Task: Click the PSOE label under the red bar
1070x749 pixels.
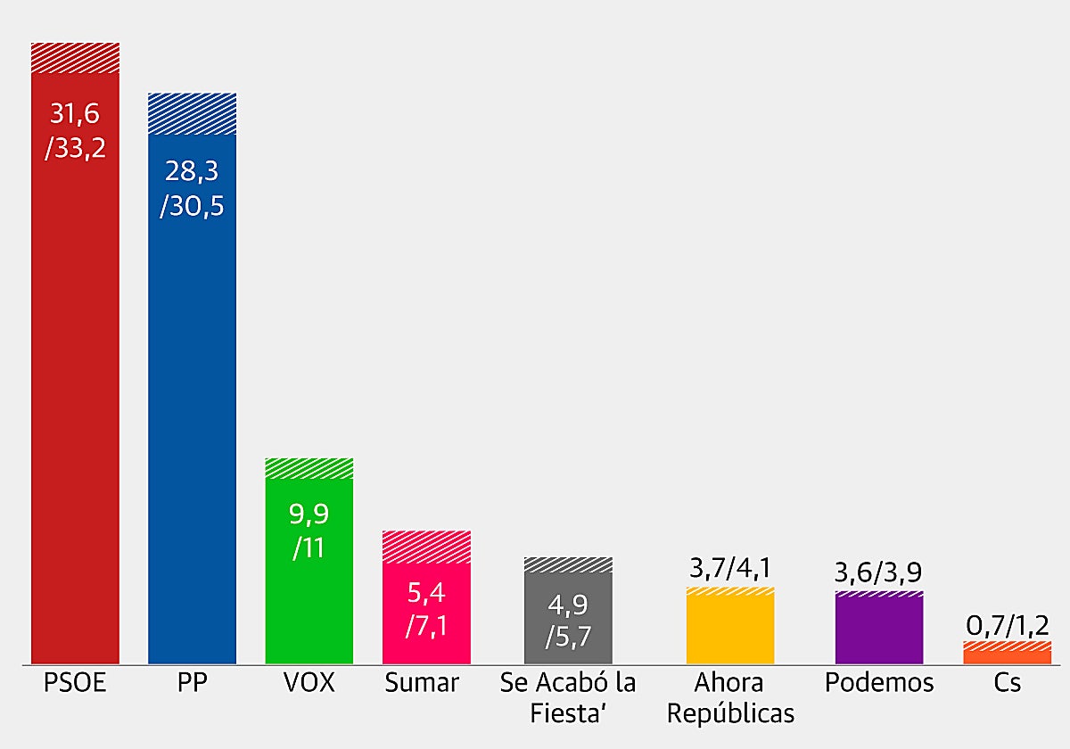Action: pos(75,684)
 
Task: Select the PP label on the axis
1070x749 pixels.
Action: pos(192,684)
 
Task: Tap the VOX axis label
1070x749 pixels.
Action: pos(309,684)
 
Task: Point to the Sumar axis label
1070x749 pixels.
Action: pos(422,684)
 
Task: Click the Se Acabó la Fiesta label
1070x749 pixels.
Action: pos(568,698)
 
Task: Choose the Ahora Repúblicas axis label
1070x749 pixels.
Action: pos(730,698)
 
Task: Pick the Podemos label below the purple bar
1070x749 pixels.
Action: pos(879,684)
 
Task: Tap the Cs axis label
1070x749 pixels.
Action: pos(1008,684)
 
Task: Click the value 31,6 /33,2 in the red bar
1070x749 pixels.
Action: pos(76,130)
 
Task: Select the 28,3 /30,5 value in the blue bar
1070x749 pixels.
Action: pos(192,189)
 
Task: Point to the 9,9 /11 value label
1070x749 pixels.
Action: pos(309,530)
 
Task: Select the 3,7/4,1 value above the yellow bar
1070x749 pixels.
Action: pos(730,568)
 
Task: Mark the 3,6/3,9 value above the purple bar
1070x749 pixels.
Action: pos(879,572)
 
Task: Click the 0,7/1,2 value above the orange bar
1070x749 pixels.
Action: pos(1008,624)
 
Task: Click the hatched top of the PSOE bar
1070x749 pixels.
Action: pos(76,57)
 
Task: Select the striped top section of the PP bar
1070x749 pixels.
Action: pos(192,113)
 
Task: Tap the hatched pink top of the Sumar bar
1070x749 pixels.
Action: pos(426,547)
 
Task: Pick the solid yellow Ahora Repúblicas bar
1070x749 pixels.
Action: pos(730,630)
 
